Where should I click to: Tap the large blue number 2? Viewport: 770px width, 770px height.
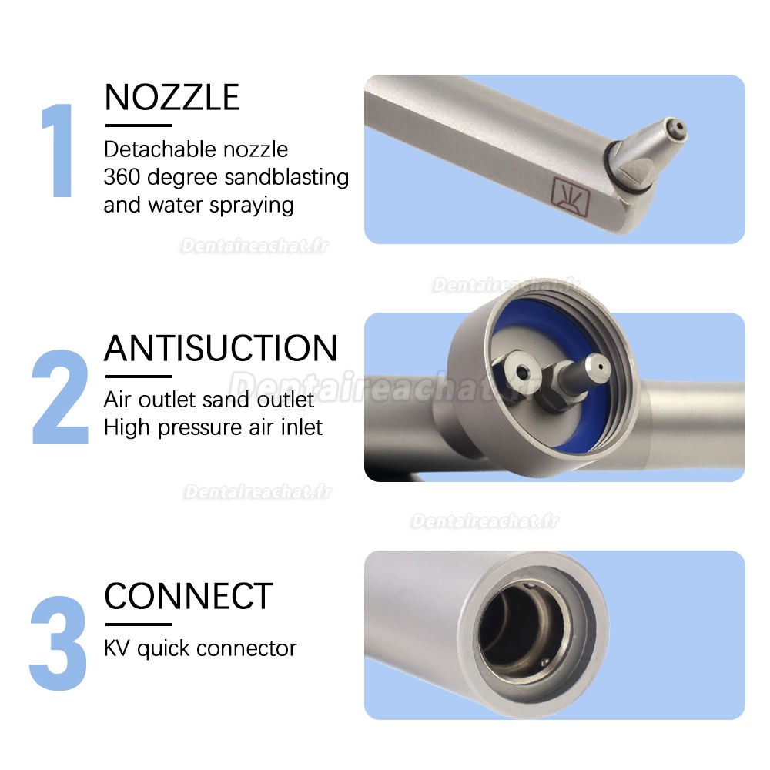60,397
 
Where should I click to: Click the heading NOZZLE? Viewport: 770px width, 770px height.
172,98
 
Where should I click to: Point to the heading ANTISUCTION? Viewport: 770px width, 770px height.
220,348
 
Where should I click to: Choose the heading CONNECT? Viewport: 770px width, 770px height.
189,596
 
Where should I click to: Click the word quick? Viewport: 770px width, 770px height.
164,648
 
